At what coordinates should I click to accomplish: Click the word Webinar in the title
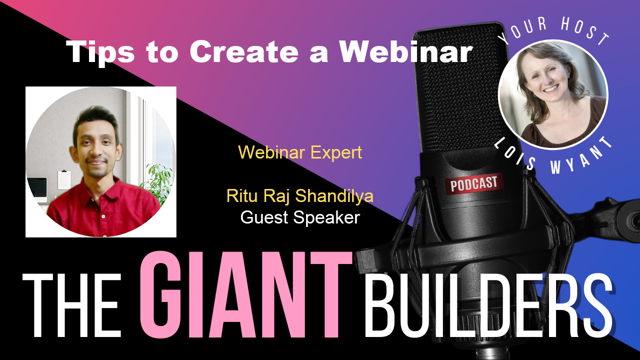click(x=405, y=51)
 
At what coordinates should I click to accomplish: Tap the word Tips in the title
click(x=100, y=52)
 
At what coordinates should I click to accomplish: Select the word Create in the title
click(x=243, y=51)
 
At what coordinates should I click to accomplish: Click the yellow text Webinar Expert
click(x=300, y=152)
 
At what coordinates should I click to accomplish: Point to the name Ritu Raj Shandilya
click(x=299, y=196)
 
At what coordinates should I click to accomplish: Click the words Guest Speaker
click(x=300, y=217)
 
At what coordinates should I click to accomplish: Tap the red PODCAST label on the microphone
click(x=474, y=183)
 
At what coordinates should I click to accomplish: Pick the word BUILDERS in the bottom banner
click(x=488, y=305)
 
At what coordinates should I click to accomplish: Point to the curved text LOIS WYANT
click(x=553, y=158)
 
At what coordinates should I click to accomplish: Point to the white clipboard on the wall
click(x=64, y=179)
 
